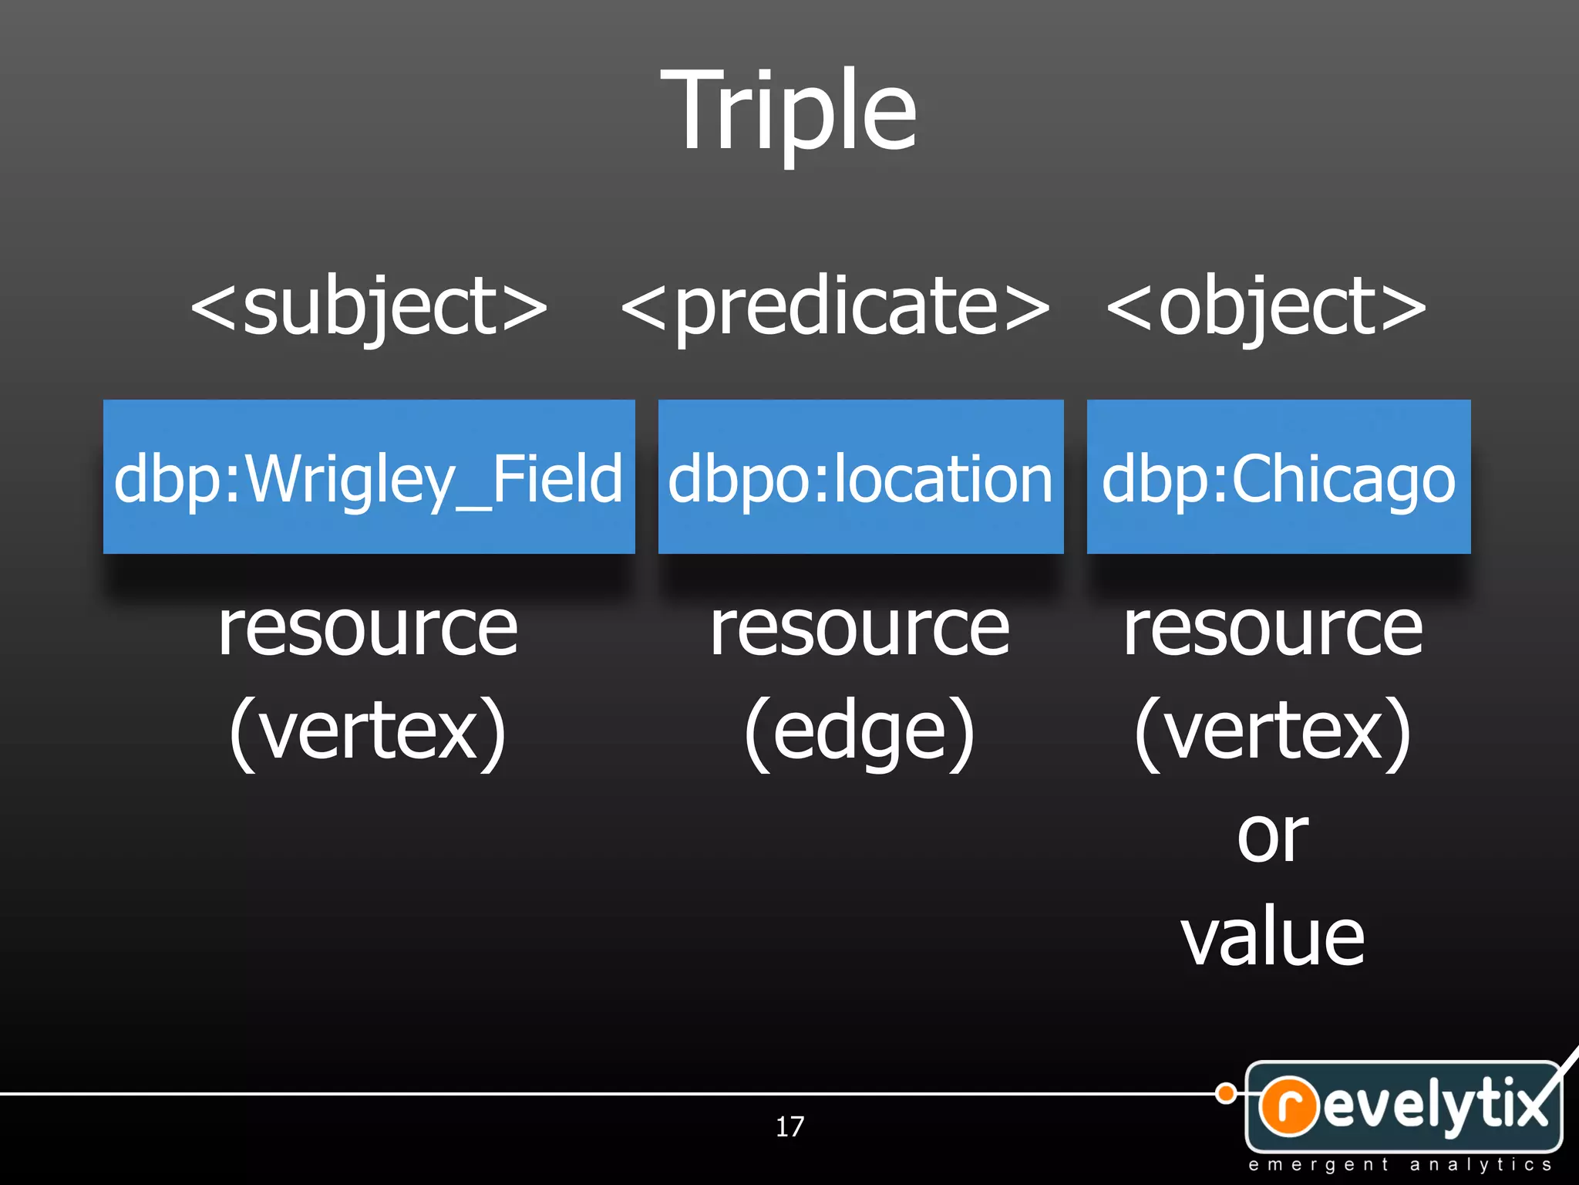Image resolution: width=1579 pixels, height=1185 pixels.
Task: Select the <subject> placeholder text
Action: point(369,307)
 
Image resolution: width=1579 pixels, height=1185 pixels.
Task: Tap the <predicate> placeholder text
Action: point(835,307)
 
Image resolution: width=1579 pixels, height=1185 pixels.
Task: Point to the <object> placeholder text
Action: point(1267,307)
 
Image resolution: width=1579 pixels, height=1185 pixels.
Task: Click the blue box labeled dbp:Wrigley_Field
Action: point(369,477)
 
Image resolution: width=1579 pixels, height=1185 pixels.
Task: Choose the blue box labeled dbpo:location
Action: point(860,477)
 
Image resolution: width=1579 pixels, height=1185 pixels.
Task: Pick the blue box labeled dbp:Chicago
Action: point(1278,477)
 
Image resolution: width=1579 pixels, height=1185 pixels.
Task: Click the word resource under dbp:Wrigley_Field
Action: point(369,630)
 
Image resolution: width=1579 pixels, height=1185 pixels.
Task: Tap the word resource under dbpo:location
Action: point(860,630)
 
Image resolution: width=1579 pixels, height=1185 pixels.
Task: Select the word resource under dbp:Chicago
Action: point(1273,630)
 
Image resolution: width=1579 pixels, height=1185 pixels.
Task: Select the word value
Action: point(1273,938)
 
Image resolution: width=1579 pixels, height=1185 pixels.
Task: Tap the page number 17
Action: point(789,1127)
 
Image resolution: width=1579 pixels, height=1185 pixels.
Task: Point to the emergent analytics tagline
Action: point(1400,1165)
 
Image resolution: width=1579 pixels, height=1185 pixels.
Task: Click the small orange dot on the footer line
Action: point(1225,1093)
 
